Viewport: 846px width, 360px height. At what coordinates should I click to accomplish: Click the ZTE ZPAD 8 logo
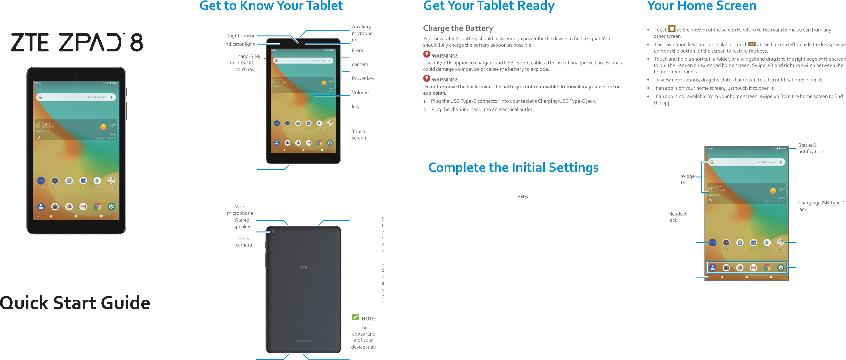click(x=77, y=42)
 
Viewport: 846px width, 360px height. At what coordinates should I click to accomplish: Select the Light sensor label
click(x=241, y=36)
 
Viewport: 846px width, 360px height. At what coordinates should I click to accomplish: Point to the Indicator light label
click(x=239, y=44)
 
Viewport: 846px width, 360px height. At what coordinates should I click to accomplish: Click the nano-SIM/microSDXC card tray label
click(x=244, y=63)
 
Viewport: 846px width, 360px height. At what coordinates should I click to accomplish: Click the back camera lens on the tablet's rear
click(x=273, y=232)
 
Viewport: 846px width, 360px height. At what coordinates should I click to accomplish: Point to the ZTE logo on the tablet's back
click(x=304, y=268)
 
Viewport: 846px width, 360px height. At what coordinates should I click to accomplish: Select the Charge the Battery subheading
click(x=458, y=28)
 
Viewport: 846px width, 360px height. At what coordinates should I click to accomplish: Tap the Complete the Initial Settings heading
click(x=513, y=167)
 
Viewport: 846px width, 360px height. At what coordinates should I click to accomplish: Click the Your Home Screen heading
click(x=702, y=6)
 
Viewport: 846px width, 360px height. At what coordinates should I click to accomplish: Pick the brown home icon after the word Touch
click(x=672, y=29)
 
